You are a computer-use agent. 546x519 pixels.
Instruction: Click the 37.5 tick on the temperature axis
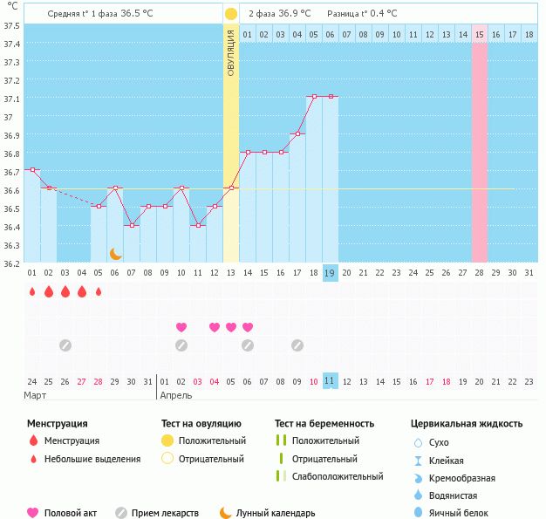[11, 25]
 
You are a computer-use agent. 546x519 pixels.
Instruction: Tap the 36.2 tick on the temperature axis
[11, 263]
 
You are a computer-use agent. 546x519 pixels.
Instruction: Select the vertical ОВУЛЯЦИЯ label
[231, 52]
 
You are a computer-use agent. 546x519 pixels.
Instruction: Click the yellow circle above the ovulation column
[230, 14]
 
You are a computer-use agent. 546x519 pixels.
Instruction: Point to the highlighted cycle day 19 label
[330, 273]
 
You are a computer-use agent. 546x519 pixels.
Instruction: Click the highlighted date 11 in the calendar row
[330, 381]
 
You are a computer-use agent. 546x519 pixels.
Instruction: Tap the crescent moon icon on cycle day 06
[115, 253]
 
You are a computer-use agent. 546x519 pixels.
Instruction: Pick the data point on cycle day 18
[313, 97]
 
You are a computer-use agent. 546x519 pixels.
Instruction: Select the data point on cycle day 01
[31, 170]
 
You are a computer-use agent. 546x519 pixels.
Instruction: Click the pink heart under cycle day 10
[181, 327]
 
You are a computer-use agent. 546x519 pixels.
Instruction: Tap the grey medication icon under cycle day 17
[297, 345]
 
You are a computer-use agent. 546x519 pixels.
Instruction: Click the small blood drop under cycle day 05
[99, 291]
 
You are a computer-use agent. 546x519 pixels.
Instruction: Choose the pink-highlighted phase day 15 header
[480, 34]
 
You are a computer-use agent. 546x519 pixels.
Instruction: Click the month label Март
[36, 395]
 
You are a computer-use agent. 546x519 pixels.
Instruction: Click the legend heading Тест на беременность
[324, 424]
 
